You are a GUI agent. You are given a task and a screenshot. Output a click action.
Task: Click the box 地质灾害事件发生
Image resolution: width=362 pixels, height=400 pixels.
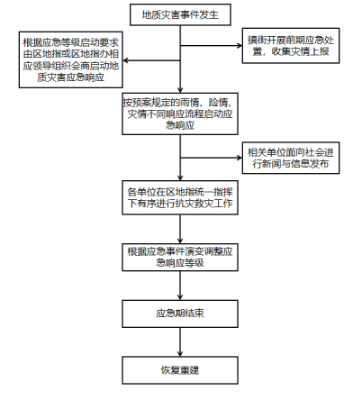tap(180, 14)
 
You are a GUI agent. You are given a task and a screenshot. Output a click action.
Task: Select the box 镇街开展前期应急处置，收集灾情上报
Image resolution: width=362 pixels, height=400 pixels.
tap(291, 46)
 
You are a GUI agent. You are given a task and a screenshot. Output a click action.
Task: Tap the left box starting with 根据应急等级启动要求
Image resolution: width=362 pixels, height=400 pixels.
tap(71, 59)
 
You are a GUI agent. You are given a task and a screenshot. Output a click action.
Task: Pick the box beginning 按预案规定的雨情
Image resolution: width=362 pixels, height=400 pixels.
tap(180, 114)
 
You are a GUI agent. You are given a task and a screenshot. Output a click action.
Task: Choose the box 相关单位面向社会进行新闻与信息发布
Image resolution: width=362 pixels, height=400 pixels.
tap(291, 158)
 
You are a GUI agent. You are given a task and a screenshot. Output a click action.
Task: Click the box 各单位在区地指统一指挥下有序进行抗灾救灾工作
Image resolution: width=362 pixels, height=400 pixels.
tap(180, 197)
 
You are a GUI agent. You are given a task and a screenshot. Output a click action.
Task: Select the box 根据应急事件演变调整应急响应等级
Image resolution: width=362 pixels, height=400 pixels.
tap(180, 258)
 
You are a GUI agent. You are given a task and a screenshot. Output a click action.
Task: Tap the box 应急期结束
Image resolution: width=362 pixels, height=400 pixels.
tap(180, 314)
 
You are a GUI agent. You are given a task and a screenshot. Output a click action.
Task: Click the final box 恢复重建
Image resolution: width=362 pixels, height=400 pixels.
tap(180, 370)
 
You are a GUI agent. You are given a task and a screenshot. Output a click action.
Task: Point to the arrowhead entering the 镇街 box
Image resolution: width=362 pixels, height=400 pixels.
tap(240, 46)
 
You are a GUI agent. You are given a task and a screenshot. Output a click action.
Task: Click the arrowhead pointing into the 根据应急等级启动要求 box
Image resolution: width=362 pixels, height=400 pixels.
tap(125, 60)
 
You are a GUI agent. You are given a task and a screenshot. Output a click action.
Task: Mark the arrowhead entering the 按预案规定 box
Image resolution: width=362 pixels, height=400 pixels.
tap(180, 90)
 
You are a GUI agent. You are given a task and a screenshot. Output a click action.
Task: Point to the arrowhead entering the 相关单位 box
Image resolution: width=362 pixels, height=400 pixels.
tap(240, 158)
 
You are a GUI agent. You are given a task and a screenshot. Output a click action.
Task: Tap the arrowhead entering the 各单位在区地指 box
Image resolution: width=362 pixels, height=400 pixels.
tap(180, 177)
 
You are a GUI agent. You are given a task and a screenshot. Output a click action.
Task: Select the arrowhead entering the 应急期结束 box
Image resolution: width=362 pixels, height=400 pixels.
tap(180, 297)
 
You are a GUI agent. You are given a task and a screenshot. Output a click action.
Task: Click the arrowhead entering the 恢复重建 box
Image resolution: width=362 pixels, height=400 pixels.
tap(180, 354)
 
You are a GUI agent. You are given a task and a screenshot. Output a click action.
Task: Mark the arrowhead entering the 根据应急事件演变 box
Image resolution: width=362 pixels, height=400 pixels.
tap(180, 241)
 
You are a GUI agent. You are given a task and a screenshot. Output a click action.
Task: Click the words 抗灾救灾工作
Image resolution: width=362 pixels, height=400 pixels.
tap(204, 204)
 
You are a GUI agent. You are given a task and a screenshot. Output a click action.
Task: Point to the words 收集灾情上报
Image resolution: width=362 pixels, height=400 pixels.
tap(300, 51)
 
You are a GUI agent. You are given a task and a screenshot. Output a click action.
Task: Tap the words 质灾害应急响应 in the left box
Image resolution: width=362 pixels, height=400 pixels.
tap(71, 77)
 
